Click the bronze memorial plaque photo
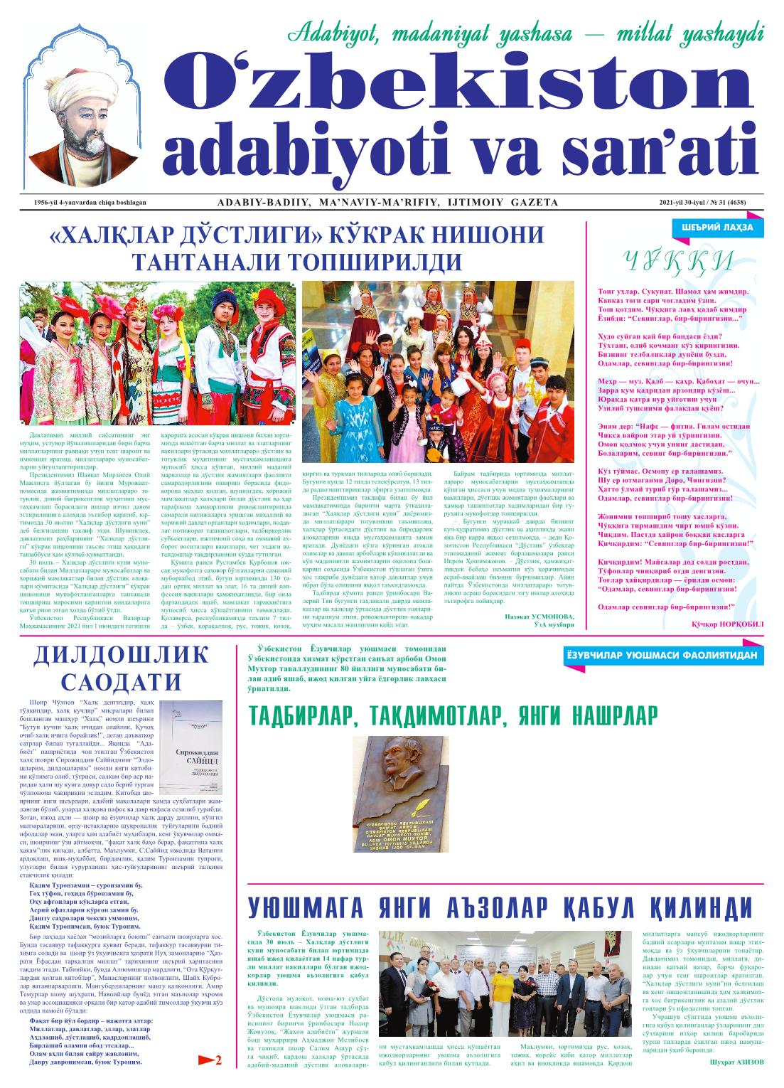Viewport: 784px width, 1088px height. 402,793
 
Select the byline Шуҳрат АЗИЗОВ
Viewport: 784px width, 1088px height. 736,1062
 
